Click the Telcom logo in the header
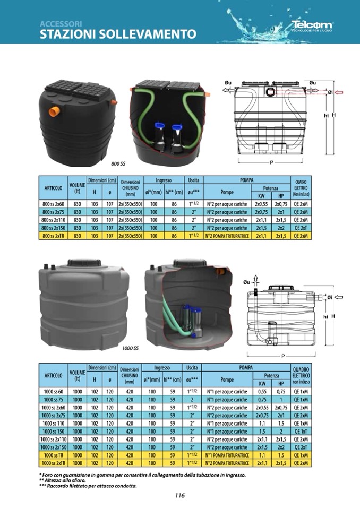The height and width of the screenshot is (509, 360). pyautogui.click(x=312, y=25)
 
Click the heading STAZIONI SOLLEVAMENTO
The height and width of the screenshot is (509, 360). pyautogui.click(x=118, y=34)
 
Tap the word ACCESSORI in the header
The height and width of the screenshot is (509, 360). pyautogui.click(x=61, y=24)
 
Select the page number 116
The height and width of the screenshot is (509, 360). pyautogui.click(x=179, y=496)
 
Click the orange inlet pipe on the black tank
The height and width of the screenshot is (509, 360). pyautogui.click(x=53, y=112)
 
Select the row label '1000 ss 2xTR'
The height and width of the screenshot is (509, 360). pyautogui.click(x=55, y=463)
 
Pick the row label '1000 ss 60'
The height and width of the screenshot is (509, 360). pyautogui.click(x=55, y=392)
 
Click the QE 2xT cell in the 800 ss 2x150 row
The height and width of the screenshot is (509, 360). pyautogui.click(x=300, y=228)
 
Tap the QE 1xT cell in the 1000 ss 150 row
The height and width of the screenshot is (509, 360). pyautogui.click(x=301, y=431)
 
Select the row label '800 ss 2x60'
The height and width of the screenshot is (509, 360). pyautogui.click(x=53, y=204)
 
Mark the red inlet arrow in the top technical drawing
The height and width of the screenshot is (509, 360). pyautogui.click(x=339, y=92)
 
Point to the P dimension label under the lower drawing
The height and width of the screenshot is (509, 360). pyautogui.click(x=283, y=356)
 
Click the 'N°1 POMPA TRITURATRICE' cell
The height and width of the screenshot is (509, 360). pyautogui.click(x=227, y=455)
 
